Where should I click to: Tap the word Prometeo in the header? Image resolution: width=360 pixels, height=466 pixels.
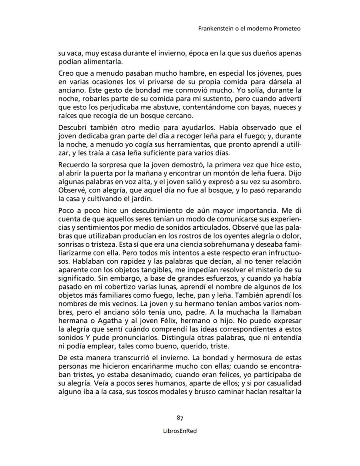(x=287, y=29)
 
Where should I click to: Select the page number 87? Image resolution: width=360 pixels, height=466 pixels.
(x=180, y=419)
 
